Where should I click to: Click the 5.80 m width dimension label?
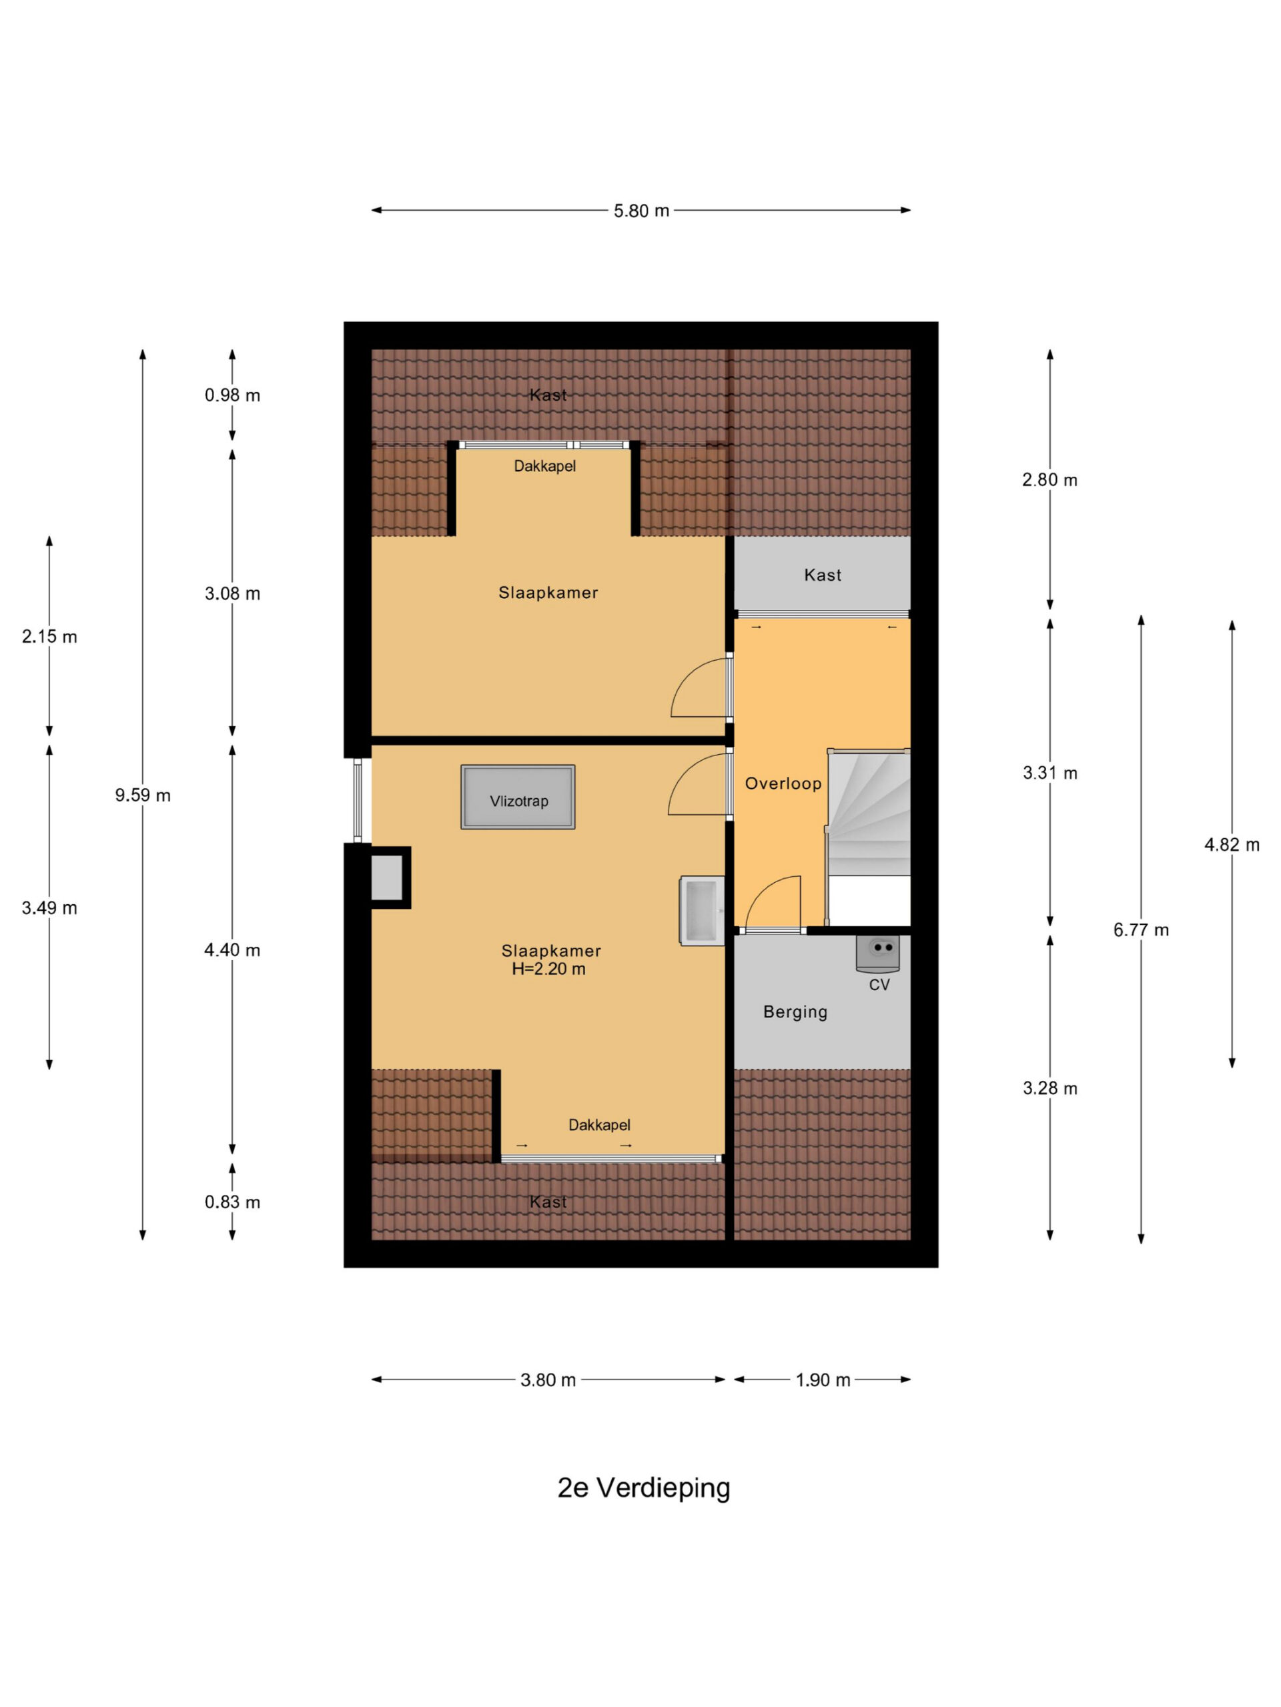(x=641, y=211)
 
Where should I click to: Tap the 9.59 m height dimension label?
(x=143, y=795)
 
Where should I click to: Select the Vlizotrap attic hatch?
(x=518, y=797)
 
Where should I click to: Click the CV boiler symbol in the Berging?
(x=878, y=954)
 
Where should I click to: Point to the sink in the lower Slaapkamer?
(x=702, y=911)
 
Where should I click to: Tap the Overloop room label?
(x=783, y=784)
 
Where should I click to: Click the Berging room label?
(x=795, y=1012)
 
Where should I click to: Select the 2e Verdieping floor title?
(x=644, y=1488)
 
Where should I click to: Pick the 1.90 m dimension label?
(x=823, y=1380)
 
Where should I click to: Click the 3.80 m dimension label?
(x=548, y=1380)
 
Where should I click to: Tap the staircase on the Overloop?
(x=869, y=837)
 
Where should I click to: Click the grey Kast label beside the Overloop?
(x=823, y=575)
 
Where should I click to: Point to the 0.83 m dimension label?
(x=232, y=1202)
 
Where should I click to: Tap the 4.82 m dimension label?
(x=1232, y=845)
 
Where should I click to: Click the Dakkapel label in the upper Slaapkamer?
(x=545, y=466)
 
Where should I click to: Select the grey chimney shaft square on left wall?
(x=388, y=878)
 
